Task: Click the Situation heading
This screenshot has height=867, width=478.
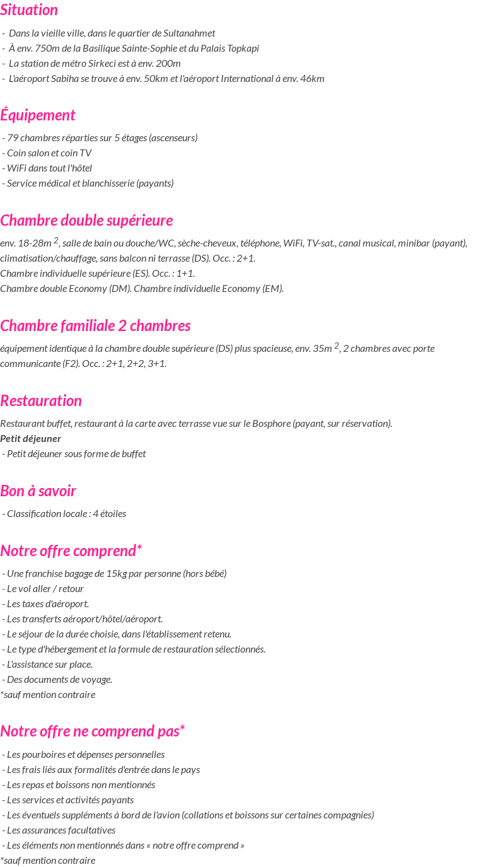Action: [x=29, y=10]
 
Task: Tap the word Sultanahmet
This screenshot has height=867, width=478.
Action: [x=189, y=33]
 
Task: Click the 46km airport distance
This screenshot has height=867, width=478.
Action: [x=313, y=79]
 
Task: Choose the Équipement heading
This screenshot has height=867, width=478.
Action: [x=38, y=115]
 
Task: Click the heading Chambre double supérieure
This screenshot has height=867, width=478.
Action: [x=86, y=221]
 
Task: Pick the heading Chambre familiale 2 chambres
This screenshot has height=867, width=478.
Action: [x=95, y=326]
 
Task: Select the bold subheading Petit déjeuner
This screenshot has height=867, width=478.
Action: [x=31, y=439]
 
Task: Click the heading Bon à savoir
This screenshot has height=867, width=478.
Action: [x=38, y=491]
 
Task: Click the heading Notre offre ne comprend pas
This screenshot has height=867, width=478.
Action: [x=92, y=731]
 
